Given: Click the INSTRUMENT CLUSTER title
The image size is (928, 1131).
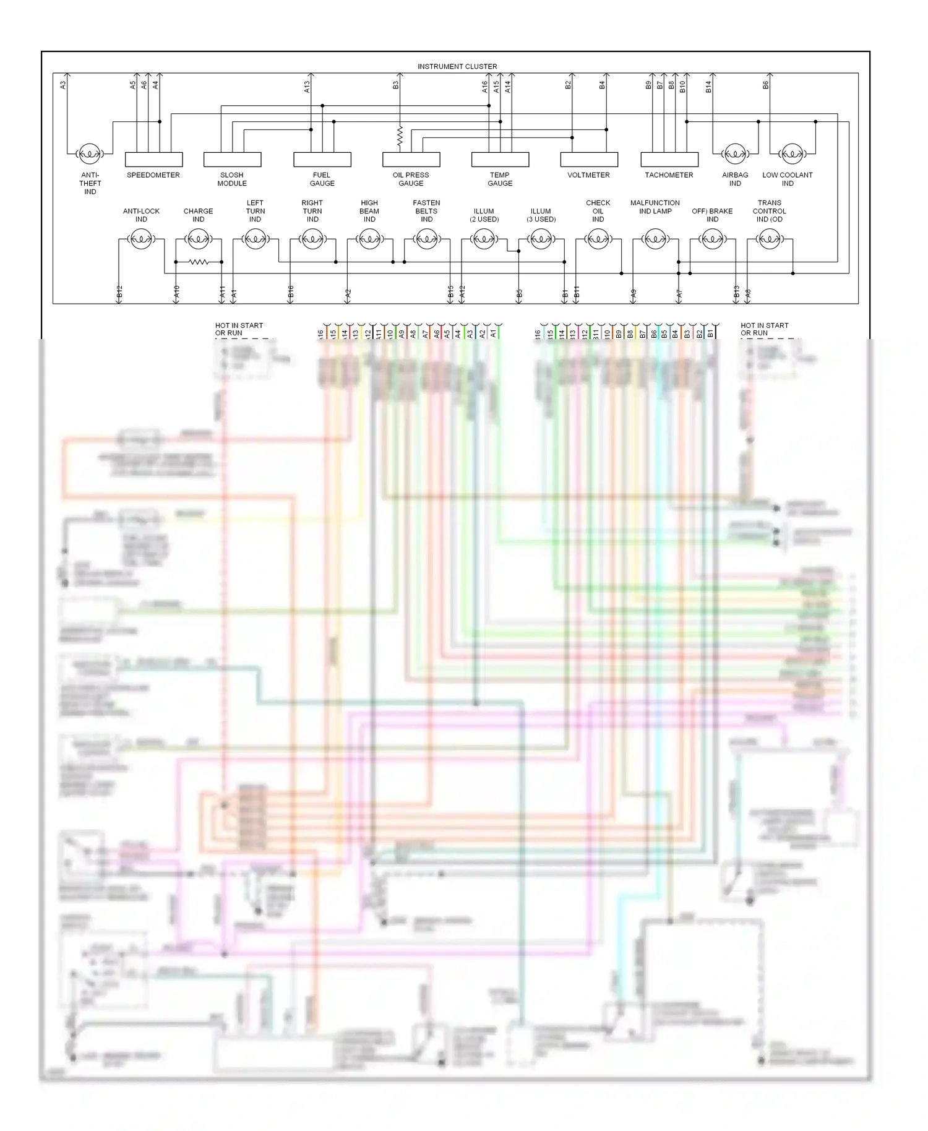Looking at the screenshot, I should [x=457, y=66].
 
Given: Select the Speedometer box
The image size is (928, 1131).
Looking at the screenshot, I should [x=153, y=160].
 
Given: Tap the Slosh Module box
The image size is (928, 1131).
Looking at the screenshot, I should [x=232, y=160].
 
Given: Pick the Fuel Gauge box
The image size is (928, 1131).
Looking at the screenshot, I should [x=322, y=160].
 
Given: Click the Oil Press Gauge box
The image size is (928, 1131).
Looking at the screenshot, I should [x=411, y=160].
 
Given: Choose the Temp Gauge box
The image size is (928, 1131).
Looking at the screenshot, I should [x=500, y=160].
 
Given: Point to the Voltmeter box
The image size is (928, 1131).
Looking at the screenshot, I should [x=589, y=160].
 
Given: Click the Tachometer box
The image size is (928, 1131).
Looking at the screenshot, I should [x=669, y=160].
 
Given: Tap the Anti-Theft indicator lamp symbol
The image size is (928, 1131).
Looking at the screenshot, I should [x=90, y=153].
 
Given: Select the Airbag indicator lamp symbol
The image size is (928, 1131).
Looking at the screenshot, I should [x=735, y=153].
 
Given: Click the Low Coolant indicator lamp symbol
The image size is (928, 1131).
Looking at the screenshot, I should [x=790, y=153].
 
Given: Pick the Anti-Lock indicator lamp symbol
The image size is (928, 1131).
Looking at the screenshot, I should [x=141, y=239].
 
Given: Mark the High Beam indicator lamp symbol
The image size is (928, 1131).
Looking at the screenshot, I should [x=369, y=239].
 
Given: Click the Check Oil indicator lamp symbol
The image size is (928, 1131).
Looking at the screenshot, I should [x=598, y=239].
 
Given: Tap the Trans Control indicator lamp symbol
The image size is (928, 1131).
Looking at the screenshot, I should [x=769, y=239].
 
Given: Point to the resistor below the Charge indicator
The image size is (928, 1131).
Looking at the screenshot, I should [x=199, y=262].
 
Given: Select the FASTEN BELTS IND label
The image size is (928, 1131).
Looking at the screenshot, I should [x=426, y=211].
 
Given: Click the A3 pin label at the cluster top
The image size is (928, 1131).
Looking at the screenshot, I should [x=63, y=85].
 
